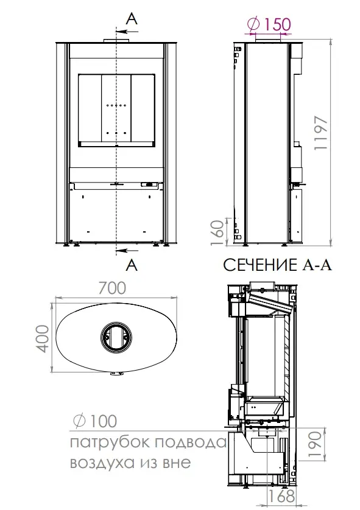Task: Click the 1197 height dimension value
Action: [x=321, y=133]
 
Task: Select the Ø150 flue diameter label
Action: [x=269, y=24]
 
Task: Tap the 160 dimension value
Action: [x=218, y=233]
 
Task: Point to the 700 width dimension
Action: [x=112, y=288]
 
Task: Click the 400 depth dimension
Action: [x=42, y=338]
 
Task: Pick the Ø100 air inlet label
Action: [x=95, y=421]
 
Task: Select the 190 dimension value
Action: [x=315, y=444]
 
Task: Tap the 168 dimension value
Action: [x=281, y=497]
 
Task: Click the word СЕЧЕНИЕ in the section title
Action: [x=259, y=265]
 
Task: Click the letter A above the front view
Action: [x=132, y=19]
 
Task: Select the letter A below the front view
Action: [x=132, y=265]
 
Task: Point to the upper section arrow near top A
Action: [x=127, y=32]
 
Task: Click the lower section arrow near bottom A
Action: [x=127, y=250]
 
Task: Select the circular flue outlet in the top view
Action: [x=116, y=337]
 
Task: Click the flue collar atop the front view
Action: [x=116, y=40]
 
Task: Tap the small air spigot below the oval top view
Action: [x=116, y=374]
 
